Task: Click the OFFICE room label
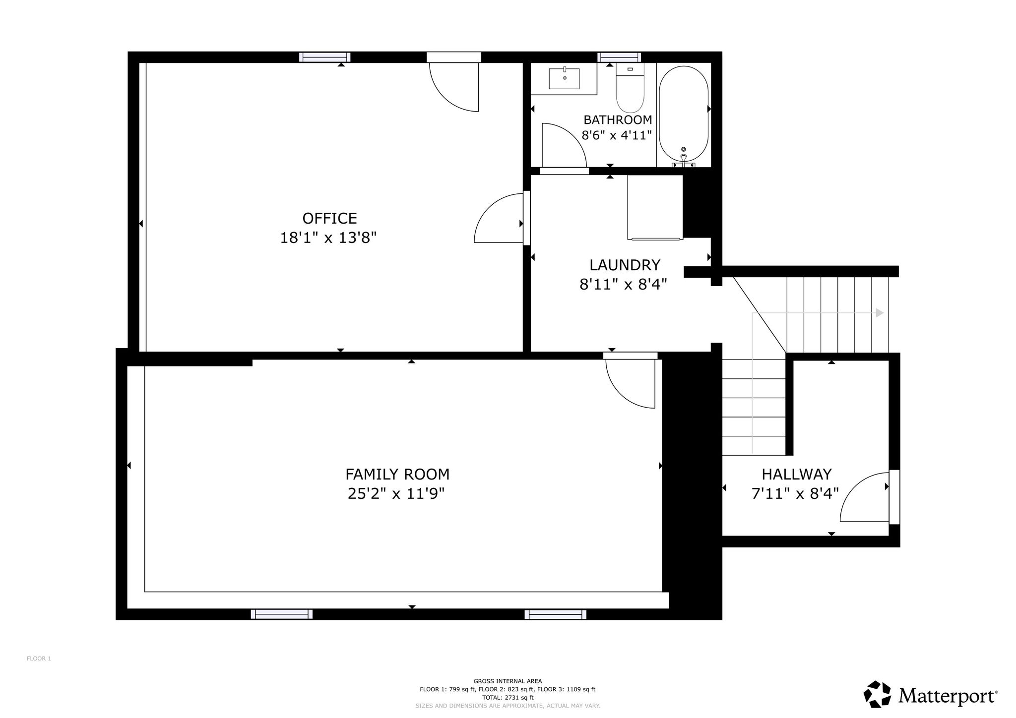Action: [329, 219]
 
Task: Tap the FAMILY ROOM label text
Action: [397, 475]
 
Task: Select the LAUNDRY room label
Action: [625, 265]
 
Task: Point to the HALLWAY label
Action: [796, 475]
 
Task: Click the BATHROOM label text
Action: [618, 120]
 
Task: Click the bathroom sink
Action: [564, 79]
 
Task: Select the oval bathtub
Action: [684, 116]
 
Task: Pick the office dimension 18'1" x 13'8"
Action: [328, 238]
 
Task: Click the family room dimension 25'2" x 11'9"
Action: [396, 494]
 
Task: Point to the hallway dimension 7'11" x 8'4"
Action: [795, 494]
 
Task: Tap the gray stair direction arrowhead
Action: [880, 313]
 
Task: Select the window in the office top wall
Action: [324, 58]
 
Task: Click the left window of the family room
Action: [281, 614]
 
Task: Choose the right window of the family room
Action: [555, 614]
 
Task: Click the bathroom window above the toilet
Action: [619, 58]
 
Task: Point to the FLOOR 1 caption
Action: [39, 658]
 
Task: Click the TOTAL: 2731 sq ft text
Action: [508, 697]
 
